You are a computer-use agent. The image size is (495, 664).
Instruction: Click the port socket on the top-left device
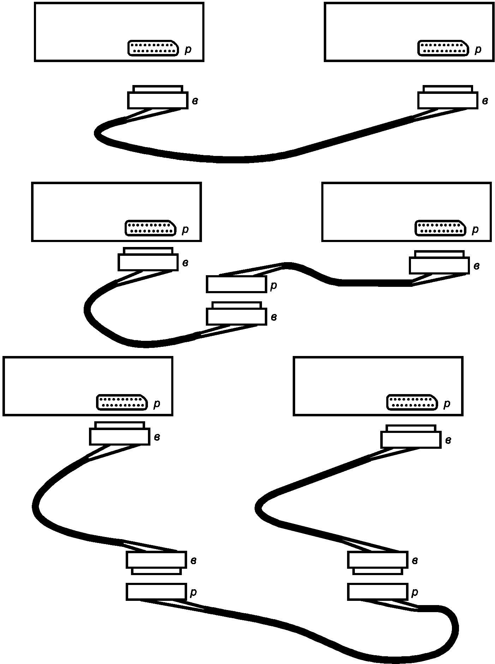153,48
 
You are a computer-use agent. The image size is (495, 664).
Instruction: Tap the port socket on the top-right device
443,48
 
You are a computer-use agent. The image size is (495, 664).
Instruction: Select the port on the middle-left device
150,228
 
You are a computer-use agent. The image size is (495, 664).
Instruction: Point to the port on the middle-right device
440,228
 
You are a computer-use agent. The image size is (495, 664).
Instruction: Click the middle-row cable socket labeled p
236,284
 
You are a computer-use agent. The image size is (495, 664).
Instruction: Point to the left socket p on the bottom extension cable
156,592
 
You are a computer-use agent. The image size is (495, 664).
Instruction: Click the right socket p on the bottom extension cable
377,592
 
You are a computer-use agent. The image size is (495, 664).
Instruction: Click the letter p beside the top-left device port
188,50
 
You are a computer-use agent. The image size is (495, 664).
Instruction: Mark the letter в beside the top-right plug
485,101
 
